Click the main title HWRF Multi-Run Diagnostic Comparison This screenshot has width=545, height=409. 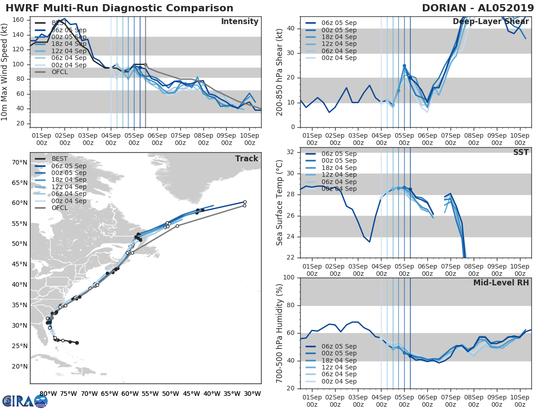[x=119, y=8]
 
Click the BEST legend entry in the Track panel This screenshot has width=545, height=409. [x=60, y=159]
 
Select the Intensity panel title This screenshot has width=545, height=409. [x=239, y=22]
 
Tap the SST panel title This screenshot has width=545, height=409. [x=520, y=152]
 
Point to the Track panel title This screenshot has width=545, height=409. [x=246, y=159]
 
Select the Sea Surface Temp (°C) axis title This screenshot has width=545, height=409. [x=280, y=202]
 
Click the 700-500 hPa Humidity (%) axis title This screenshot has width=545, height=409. [x=280, y=333]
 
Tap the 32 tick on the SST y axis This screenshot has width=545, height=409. [x=291, y=152]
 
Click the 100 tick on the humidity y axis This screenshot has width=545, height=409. [x=289, y=278]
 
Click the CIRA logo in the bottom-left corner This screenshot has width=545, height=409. [x=25, y=401]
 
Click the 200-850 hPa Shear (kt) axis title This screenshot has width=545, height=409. [x=280, y=72]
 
